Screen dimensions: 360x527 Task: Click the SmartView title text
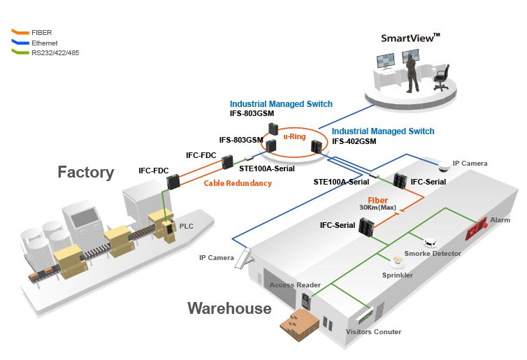click(x=410, y=38)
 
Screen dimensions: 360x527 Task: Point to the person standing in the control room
click(x=413, y=74)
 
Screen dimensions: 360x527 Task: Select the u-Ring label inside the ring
click(x=291, y=137)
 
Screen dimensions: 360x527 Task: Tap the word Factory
click(x=85, y=172)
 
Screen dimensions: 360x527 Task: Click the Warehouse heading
click(x=229, y=308)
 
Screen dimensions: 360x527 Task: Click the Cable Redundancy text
click(x=238, y=184)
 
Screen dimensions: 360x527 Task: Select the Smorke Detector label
click(x=433, y=253)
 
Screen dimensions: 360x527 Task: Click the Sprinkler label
click(x=396, y=275)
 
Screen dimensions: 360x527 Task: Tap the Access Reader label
click(x=295, y=285)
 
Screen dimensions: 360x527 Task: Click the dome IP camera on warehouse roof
click(x=443, y=166)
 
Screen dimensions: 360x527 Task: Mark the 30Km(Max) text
click(x=377, y=208)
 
